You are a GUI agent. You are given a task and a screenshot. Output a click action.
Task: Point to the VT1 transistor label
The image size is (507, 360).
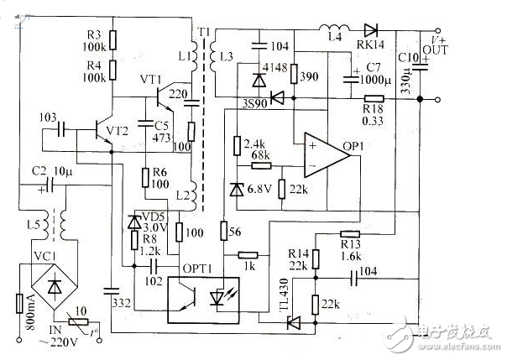(x=150, y=79)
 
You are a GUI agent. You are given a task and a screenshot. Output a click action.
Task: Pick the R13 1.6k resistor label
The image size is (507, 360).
(x=350, y=249)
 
